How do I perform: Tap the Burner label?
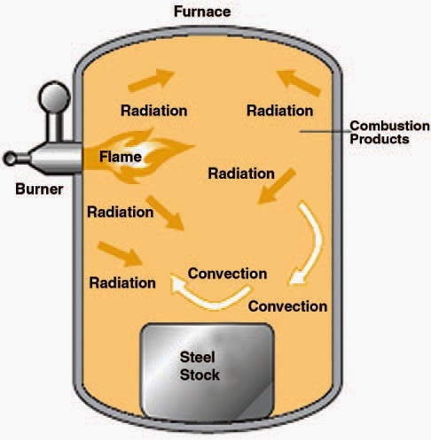click(x=37, y=189)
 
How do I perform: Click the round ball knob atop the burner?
click(x=52, y=95)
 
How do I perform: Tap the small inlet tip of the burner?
click(x=10, y=158)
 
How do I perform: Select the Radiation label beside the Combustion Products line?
click(x=279, y=111)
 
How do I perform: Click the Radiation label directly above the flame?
click(x=153, y=111)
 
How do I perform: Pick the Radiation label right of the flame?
click(x=241, y=173)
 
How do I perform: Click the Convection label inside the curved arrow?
click(x=228, y=272)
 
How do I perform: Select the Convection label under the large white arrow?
click(x=286, y=307)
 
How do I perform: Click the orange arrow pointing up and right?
click(x=145, y=81)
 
